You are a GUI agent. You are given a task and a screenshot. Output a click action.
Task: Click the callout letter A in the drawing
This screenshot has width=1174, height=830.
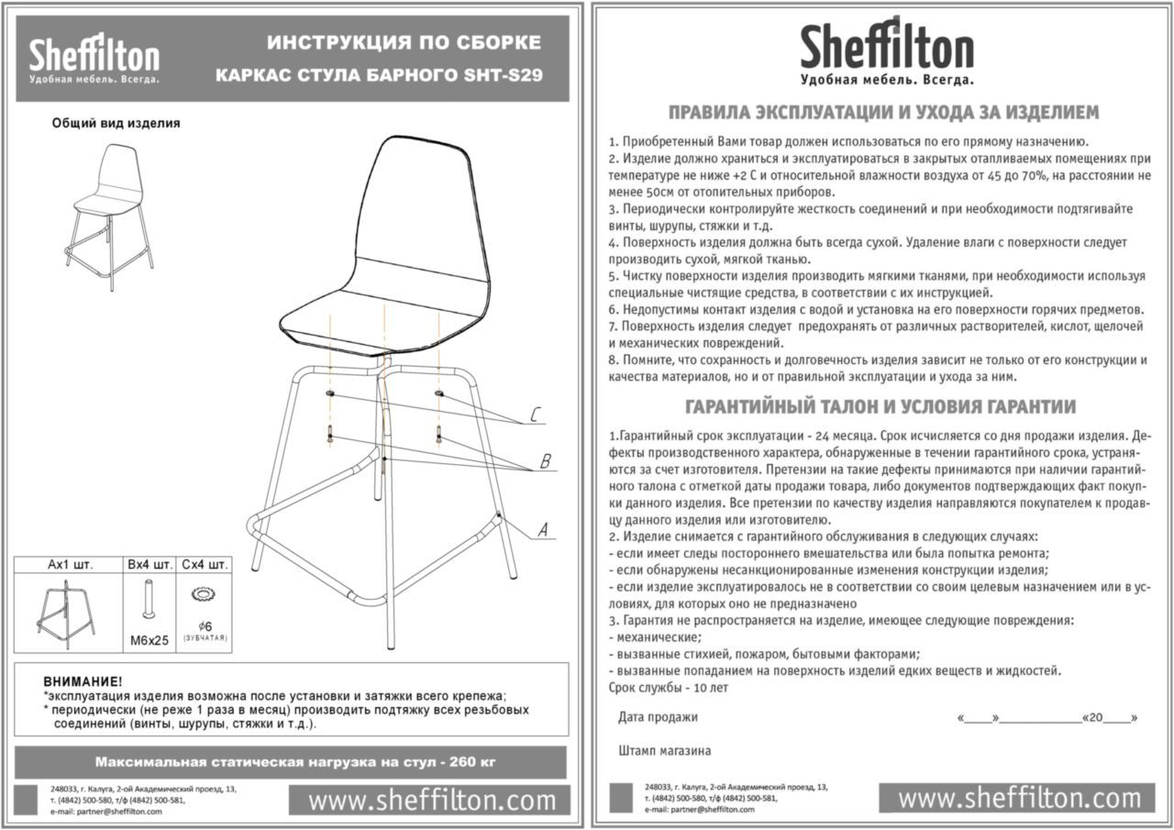(542, 529)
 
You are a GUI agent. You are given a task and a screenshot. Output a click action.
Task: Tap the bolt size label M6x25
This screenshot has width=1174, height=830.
(150, 640)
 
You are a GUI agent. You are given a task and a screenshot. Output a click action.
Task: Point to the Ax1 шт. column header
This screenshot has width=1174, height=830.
(70, 564)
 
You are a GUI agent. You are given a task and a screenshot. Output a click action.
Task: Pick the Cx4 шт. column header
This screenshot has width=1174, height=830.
(205, 564)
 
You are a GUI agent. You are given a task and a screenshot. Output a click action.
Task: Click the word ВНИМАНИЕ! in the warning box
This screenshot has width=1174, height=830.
(82, 682)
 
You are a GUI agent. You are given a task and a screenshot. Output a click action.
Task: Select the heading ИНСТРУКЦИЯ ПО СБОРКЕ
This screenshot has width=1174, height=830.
(404, 43)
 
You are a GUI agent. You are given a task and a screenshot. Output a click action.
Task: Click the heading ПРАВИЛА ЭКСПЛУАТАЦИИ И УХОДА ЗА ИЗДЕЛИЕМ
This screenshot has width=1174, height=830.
(883, 113)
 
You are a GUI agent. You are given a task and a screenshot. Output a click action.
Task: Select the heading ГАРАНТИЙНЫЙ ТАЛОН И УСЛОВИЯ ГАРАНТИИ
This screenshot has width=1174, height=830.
(880, 406)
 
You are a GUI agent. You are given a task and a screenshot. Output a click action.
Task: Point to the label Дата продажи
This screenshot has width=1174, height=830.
(658, 717)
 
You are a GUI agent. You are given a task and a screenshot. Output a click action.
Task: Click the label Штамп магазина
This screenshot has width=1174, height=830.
(664, 750)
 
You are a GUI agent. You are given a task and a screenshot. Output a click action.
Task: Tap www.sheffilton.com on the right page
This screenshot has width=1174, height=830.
(1019, 798)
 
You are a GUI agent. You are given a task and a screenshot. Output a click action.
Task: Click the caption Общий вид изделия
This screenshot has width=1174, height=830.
(116, 123)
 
